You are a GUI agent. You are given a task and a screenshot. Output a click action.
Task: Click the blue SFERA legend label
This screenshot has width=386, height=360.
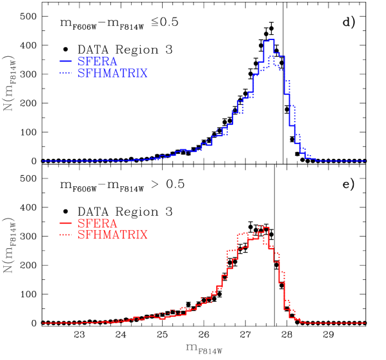click(97, 61)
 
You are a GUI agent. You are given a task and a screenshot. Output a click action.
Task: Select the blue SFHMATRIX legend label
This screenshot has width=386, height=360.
click(112, 74)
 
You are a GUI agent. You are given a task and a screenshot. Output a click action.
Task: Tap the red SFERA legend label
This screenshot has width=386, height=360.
click(97, 224)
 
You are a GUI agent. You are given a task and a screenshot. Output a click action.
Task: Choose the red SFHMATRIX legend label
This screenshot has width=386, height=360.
click(112, 235)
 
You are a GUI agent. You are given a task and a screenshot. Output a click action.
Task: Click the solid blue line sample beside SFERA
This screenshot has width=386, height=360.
click(65, 61)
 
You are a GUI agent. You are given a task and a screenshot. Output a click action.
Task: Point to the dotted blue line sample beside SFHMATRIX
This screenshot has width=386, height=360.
click(65, 74)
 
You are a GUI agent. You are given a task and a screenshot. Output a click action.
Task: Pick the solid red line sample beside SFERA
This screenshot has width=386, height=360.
click(65, 224)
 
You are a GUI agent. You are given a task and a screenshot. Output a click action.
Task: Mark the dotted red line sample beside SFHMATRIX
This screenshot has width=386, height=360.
click(65, 235)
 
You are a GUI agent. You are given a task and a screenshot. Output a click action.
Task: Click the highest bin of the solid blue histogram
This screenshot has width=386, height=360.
click(269, 39)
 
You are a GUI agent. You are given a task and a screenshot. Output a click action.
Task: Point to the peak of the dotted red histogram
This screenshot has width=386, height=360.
click(260, 226)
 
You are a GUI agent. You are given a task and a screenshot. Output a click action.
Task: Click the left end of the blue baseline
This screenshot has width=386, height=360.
click(43, 161)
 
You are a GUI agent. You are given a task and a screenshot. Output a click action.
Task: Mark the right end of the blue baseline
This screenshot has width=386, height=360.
click(365, 161)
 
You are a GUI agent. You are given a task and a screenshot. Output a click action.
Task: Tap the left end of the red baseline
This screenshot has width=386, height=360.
click(43, 323)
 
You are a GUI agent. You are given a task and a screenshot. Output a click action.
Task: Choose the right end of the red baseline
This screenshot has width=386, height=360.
click(365, 323)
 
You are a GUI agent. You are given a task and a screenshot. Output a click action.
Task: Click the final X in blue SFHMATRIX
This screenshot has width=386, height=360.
click(144, 74)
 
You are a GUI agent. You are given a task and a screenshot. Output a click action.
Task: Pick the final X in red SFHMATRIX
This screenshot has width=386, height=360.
click(144, 235)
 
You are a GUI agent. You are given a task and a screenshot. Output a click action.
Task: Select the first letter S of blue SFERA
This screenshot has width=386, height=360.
click(81, 61)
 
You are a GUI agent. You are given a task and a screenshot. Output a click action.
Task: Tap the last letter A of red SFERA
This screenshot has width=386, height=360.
click(113, 224)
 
